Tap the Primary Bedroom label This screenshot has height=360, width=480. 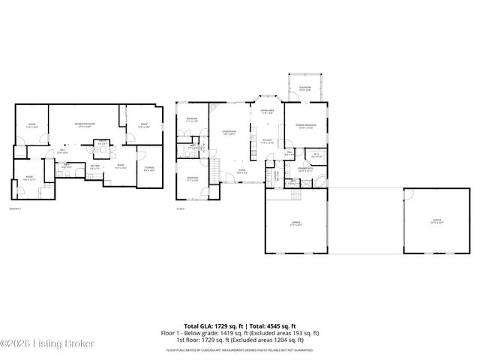(305, 126)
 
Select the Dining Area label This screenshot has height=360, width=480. (266, 112)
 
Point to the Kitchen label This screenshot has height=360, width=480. (266, 141)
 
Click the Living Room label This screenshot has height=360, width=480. (229, 133)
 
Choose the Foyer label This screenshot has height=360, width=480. (242, 172)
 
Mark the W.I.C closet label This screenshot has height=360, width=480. (316, 156)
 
